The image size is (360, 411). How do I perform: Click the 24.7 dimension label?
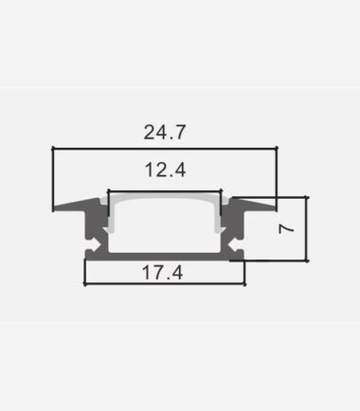165,133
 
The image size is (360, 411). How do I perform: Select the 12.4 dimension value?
165,170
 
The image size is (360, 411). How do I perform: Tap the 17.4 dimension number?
162,273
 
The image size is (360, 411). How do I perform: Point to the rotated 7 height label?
286,228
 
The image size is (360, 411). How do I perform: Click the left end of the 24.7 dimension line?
53,148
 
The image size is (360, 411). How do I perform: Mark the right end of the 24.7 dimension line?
277,148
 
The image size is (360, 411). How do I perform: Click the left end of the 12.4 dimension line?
109,191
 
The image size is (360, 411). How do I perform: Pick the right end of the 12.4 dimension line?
221,191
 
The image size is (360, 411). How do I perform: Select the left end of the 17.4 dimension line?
85,284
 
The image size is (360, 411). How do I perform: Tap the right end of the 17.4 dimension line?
244,284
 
